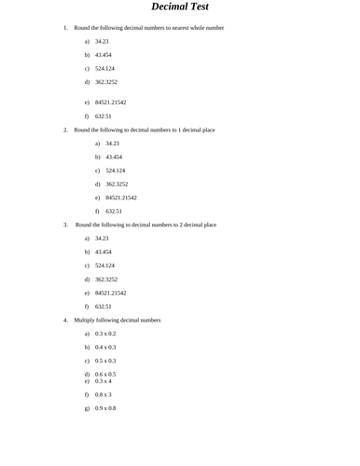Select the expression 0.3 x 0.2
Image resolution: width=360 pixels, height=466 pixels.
click(x=105, y=333)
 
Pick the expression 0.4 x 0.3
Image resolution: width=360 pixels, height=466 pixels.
click(x=105, y=347)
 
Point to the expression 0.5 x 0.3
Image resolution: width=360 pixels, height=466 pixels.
click(x=105, y=360)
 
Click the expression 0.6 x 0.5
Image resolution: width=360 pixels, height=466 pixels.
click(x=105, y=374)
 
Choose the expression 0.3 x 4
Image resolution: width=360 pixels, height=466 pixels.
click(x=104, y=381)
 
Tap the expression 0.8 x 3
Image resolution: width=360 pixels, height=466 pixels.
click(x=104, y=395)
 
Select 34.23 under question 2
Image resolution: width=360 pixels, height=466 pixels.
click(x=112, y=144)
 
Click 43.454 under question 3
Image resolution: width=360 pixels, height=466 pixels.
click(x=104, y=252)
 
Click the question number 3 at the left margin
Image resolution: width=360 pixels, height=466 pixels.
click(x=65, y=225)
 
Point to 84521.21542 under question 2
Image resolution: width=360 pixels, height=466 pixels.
click(x=121, y=198)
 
